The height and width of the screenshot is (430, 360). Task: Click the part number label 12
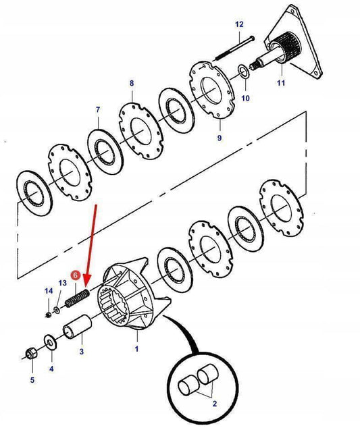[239, 24]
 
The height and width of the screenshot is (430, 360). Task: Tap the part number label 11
[281, 82]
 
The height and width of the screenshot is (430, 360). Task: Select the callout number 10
[245, 98]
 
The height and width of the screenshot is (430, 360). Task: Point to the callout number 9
[220, 138]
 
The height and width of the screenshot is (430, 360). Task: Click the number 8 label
[132, 83]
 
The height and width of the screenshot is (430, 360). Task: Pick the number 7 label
[98, 109]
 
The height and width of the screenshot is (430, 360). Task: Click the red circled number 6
[76, 275]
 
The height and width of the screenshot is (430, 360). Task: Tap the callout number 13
[63, 283]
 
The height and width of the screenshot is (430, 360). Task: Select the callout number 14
[49, 291]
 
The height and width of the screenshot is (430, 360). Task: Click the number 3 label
[82, 351]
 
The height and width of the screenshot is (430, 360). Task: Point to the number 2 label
[215, 404]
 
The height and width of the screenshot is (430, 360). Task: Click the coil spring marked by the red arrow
[77, 299]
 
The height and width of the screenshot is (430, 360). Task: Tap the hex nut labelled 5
[30, 352]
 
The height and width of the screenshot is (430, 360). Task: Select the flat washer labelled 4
[50, 342]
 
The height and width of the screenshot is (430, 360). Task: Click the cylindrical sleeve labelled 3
[78, 327]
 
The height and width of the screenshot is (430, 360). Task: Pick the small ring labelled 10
[243, 70]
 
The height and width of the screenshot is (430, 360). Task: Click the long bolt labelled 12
[234, 48]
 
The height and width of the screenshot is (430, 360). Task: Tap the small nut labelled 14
[48, 315]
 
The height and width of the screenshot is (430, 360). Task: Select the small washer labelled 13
[57, 310]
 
